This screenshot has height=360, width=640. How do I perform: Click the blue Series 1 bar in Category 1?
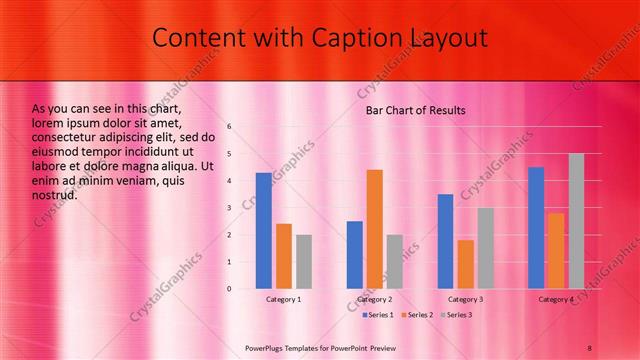coord(263,231)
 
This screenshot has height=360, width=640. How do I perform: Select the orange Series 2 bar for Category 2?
coord(375,229)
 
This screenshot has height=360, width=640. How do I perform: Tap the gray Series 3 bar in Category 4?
coord(576,221)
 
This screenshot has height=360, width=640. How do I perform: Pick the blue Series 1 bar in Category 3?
coord(445,241)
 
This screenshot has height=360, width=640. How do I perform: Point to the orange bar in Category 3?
coord(465,264)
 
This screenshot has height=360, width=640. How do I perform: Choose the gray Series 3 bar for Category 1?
coord(304,262)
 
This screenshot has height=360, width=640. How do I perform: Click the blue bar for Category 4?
coord(536,228)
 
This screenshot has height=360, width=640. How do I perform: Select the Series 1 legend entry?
coord(377,316)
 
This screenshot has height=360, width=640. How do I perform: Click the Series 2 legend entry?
coord(417,316)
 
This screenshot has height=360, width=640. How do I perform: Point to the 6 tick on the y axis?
coord(229,127)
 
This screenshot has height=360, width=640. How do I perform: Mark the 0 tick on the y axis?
coord(229,289)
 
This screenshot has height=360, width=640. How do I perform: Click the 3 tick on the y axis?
coord(229,208)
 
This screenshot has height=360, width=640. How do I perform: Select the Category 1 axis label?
coord(284,300)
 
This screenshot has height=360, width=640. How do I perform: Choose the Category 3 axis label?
coord(465,300)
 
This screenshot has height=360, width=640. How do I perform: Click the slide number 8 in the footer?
coord(589,347)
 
